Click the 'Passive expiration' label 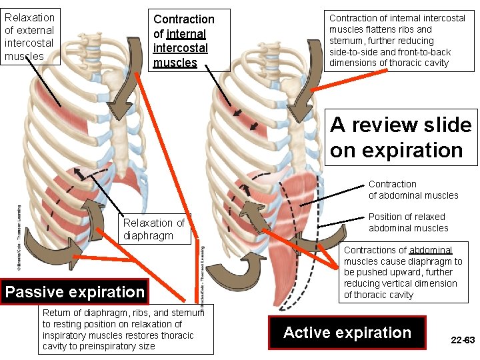74,292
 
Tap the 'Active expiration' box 347,333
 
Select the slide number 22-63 463,340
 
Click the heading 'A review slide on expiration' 402,137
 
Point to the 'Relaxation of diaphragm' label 153,229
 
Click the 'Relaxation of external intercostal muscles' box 30,37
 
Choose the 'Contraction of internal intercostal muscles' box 183,41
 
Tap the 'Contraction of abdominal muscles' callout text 413,189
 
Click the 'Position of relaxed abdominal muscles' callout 408,222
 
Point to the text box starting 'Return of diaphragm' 125,329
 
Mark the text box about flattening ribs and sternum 398,41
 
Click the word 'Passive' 35,292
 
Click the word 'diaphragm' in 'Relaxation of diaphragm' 149,235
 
